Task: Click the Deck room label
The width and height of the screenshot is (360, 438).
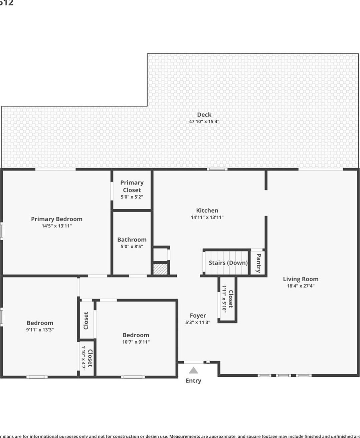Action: [204, 114]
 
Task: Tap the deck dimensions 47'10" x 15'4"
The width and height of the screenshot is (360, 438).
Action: [204, 121]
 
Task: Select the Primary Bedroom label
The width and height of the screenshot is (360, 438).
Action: [56, 219]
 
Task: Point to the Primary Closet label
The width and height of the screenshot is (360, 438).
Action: [132, 186]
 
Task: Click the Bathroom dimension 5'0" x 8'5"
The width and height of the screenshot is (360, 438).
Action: [132, 247]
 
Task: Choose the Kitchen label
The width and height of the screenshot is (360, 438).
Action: [207, 210]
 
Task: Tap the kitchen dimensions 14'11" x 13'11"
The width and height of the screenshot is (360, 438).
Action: [207, 217]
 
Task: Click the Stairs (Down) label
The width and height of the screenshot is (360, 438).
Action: [228, 263]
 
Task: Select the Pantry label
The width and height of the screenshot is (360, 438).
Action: [258, 263]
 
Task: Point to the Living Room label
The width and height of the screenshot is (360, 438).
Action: [301, 279]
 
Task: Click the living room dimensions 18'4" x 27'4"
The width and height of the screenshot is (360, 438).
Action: [301, 286]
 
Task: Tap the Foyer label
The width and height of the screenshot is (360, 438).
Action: [198, 315]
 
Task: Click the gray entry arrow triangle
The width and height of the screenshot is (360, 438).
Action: [193, 370]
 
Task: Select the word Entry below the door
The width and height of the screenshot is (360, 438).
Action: [193, 381]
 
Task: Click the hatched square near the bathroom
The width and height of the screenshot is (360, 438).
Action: [160, 269]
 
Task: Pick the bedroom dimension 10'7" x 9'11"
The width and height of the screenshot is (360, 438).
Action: [136, 342]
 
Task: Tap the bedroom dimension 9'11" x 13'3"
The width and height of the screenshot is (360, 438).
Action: [40, 330]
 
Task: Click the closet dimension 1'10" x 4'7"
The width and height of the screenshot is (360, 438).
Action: [83, 357]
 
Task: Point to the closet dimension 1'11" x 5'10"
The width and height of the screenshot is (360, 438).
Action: [224, 299]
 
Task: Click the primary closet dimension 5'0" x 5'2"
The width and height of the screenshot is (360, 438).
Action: [132, 197]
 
